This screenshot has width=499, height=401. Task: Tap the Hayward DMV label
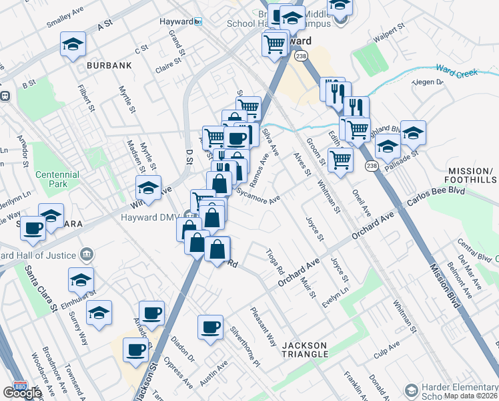(x=151, y=217)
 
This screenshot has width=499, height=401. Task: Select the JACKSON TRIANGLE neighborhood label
(x=305, y=350)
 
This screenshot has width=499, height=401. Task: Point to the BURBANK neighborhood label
(x=108, y=65)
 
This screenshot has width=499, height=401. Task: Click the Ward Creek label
(x=458, y=70)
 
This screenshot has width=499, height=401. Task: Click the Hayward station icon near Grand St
(x=197, y=21)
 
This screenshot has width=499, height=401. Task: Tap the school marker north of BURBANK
(x=73, y=45)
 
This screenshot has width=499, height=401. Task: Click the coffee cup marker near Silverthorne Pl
(x=211, y=327)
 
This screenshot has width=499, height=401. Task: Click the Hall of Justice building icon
(x=86, y=254)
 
